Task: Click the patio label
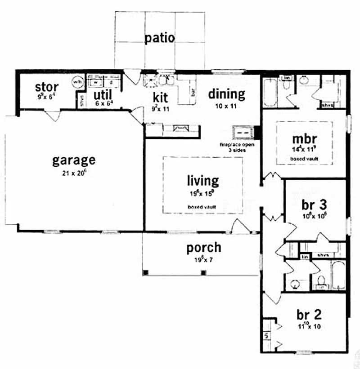pos(159,38)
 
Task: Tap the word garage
pos(73,160)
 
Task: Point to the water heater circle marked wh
pos(77,82)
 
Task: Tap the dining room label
pos(226,94)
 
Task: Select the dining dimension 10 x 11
pos(226,107)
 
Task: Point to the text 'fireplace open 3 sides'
pos(237,147)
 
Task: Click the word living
pos(203,181)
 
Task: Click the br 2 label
pos(309,313)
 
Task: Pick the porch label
pos(204,247)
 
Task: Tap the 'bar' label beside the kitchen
pos(193,93)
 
